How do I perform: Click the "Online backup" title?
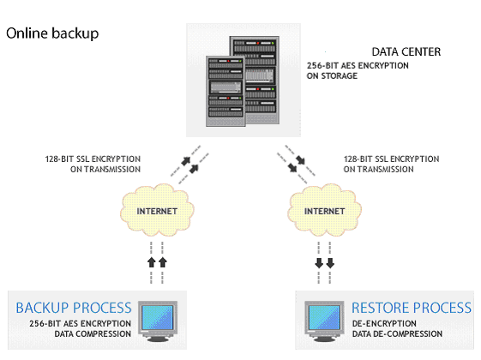52,33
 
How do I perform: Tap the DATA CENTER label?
406,51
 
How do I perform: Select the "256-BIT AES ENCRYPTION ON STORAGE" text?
358,70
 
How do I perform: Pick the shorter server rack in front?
225,91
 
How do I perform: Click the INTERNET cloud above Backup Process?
157,210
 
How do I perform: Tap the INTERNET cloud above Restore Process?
325,210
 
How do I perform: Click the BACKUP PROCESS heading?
74,308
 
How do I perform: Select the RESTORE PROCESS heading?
412,308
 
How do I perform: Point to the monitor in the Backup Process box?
158,321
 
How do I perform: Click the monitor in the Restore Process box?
324,321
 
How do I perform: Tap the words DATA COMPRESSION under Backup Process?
93,334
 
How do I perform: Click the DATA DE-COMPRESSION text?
397,334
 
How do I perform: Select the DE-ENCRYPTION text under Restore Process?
384,323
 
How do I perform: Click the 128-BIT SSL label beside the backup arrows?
93,164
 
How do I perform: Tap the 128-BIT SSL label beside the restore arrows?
392,164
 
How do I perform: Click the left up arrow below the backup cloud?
152,262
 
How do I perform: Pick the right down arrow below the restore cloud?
330,263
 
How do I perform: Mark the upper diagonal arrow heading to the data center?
186,160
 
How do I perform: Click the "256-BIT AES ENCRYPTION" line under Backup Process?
80,323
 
